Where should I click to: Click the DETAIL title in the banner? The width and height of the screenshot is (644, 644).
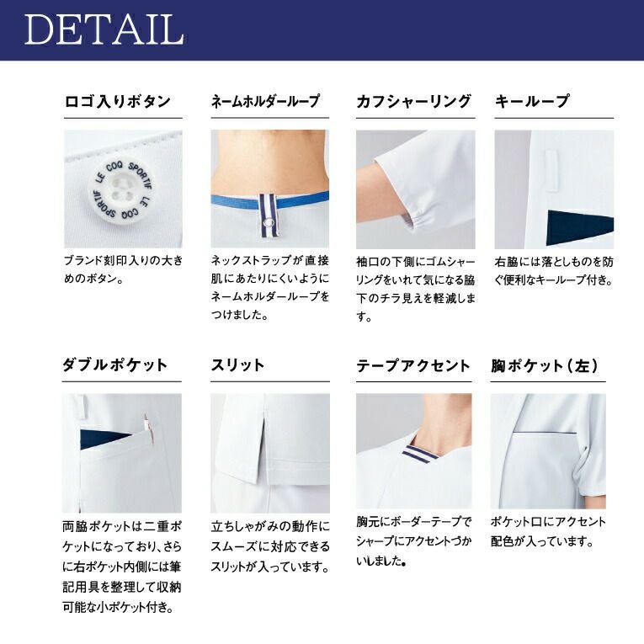[104, 29]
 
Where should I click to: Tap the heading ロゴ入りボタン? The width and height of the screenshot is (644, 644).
[118, 101]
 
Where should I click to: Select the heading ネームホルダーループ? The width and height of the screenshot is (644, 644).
[265, 101]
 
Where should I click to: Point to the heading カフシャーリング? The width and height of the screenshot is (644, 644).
[413, 101]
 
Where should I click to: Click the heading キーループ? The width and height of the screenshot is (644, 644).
[532, 101]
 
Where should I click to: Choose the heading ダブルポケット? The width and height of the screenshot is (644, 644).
[115, 365]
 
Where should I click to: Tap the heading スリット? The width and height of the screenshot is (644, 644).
[237, 365]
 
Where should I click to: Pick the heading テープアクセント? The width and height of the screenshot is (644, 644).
[412, 365]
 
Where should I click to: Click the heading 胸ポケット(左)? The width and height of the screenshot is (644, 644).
[545, 365]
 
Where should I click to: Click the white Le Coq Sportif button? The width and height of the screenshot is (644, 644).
[120, 190]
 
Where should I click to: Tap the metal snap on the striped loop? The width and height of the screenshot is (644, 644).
[269, 222]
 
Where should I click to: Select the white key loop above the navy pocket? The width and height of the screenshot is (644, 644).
[551, 171]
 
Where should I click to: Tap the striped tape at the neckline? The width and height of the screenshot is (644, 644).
[420, 454]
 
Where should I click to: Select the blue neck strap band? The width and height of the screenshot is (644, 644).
[270, 200]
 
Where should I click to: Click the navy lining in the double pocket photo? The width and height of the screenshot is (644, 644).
[104, 439]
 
